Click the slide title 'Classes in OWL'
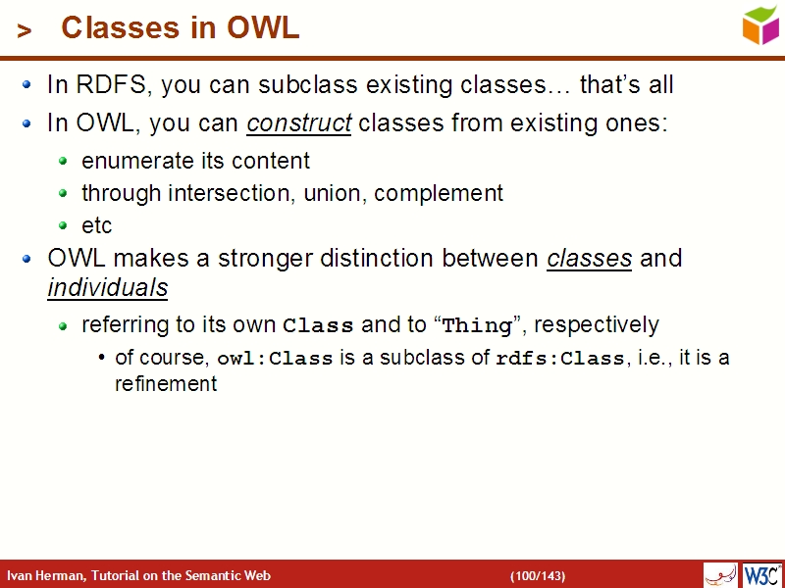click(x=180, y=28)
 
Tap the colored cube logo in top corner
click(x=760, y=24)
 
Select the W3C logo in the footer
click(x=761, y=574)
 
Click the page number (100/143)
click(x=537, y=575)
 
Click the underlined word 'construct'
click(x=299, y=124)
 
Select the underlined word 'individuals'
click(x=107, y=288)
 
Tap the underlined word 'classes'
click(x=589, y=259)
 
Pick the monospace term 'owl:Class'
click(x=275, y=359)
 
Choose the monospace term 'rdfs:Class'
click(x=559, y=359)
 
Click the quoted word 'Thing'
click(x=478, y=325)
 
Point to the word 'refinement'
click(x=166, y=383)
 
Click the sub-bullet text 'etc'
click(x=97, y=225)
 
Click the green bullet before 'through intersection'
click(x=64, y=194)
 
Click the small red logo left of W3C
click(x=720, y=574)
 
